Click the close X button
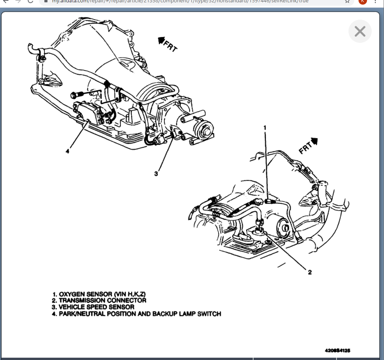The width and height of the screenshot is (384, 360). (360, 31)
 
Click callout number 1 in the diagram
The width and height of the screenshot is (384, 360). (265, 127)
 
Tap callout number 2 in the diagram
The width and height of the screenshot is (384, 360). (310, 272)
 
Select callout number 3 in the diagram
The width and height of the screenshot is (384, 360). (156, 174)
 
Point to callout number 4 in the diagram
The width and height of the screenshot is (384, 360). (67, 151)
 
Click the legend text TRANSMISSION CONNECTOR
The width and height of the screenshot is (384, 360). (103, 300)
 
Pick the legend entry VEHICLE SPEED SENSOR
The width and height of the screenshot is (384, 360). (96, 307)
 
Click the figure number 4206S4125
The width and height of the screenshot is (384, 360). (337, 350)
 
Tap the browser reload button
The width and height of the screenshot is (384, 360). (30, 1)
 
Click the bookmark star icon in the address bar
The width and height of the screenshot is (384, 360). (347, 1)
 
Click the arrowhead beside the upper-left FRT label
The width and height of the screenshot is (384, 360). (161, 39)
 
